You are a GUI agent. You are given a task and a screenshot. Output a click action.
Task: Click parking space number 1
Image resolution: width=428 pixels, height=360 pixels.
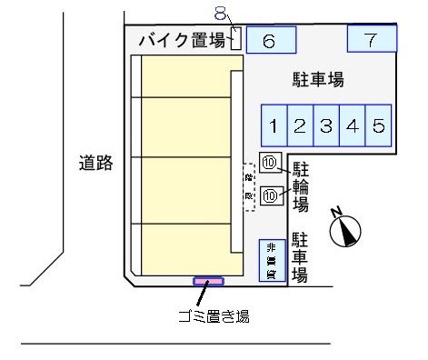274,125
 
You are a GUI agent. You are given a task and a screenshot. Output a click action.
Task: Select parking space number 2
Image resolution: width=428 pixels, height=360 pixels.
300,125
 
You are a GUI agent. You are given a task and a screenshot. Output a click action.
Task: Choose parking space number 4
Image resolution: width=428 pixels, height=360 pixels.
353,125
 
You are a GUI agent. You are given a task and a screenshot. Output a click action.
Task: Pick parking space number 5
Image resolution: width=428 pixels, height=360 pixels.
379,125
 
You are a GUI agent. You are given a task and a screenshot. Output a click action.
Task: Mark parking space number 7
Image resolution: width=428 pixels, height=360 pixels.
372,39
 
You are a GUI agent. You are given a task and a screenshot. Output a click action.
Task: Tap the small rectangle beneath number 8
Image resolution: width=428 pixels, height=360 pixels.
235,37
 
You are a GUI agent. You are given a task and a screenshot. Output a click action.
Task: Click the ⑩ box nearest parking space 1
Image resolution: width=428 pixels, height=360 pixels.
271,164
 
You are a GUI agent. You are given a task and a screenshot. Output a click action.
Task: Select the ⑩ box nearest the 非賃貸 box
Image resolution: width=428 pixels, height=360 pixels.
271,195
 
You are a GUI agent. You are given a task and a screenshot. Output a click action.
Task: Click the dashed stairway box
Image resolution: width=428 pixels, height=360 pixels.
248,187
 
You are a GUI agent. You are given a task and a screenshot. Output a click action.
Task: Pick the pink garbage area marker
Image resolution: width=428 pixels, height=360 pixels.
208,282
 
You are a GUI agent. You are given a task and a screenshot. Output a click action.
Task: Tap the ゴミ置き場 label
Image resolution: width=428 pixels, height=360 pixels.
214,315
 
